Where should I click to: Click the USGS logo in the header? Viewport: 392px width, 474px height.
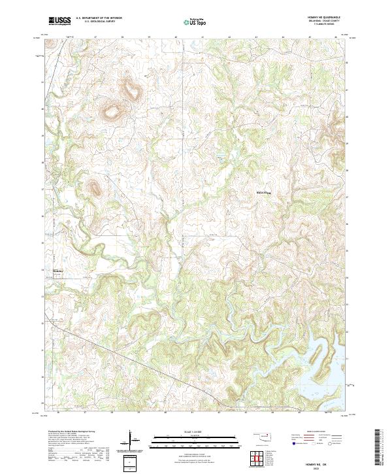point(59,20)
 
